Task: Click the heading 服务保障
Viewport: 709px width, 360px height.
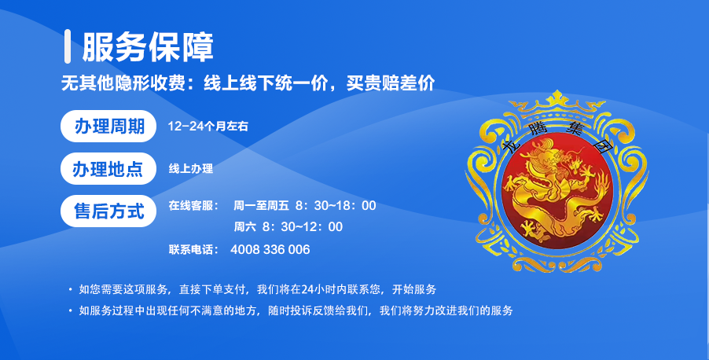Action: (148, 47)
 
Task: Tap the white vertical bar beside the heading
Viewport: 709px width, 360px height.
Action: (68, 46)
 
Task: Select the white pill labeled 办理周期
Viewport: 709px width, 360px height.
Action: (108, 127)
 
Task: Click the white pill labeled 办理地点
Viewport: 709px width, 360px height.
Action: (108, 169)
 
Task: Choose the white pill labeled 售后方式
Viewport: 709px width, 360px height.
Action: (108, 211)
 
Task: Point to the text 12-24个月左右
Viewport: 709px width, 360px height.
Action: (208, 127)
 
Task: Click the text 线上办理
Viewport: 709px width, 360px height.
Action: (191, 169)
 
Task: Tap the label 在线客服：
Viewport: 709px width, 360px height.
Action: (193, 206)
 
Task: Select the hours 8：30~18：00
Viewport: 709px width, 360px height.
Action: (336, 206)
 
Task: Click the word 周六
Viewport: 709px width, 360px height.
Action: (244, 226)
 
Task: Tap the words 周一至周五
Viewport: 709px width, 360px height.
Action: (261, 206)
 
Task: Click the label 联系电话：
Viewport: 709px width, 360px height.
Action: (193, 250)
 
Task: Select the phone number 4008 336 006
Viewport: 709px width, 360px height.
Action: (270, 250)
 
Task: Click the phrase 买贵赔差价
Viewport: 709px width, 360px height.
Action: (391, 83)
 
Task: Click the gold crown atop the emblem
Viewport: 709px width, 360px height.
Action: (557, 104)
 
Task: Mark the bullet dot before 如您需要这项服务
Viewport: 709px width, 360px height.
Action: (70, 289)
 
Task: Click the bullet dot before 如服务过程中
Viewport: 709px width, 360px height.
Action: (70, 310)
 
